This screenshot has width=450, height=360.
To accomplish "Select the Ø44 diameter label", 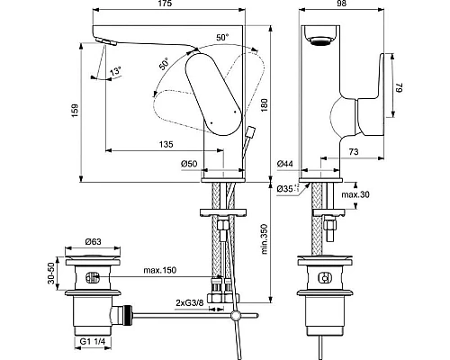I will [x=286, y=163].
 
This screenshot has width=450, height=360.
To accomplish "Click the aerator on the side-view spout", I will [x=319, y=36].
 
